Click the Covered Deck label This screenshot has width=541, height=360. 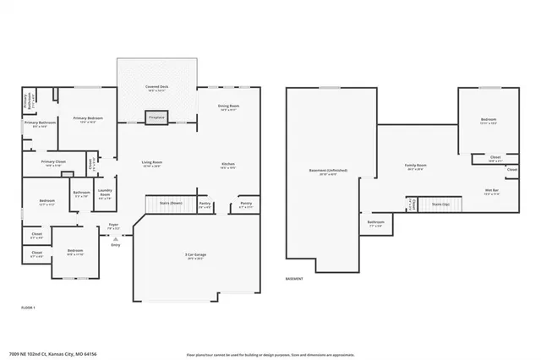(156, 87)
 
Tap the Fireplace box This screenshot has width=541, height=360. (157, 118)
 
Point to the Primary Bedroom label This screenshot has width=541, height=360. (88, 118)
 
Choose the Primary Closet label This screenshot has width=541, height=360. (54, 161)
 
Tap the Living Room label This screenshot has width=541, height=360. (152, 162)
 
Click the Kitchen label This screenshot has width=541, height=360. (227, 163)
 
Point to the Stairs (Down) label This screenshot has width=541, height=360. (171, 203)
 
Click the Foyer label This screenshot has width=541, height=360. (112, 225)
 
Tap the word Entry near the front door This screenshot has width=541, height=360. (115, 245)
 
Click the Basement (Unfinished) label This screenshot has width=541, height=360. (328, 170)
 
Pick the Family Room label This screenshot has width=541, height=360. (415, 166)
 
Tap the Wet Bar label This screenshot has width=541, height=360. (491, 190)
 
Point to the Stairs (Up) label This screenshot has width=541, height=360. (440, 204)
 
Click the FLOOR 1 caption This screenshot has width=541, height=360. (29, 308)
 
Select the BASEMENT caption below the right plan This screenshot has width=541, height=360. (295, 278)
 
